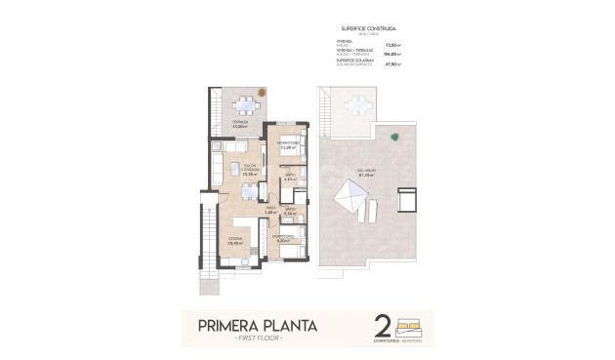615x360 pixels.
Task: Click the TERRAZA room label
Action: [239, 124]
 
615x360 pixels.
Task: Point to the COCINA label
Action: [234, 241]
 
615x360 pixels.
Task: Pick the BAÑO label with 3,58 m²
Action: [289, 209]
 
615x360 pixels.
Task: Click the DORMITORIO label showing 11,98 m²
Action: [287, 145]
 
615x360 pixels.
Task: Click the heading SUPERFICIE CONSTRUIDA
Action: [368, 30]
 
